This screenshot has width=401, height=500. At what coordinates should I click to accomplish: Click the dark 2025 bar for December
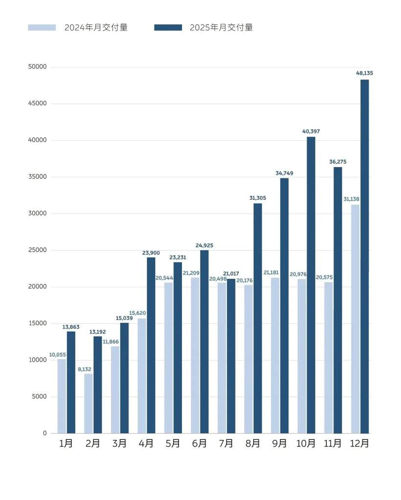[x=364, y=256]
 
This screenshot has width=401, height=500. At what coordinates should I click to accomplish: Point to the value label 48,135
[x=364, y=73]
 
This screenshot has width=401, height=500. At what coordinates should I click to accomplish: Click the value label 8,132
[x=84, y=369]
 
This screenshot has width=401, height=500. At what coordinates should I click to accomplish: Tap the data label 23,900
[x=151, y=253]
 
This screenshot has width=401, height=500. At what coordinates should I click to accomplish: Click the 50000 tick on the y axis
[x=38, y=67]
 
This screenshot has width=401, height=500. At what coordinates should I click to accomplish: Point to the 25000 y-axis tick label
[x=38, y=250]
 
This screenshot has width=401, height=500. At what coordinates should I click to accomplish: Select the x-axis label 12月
[x=359, y=444]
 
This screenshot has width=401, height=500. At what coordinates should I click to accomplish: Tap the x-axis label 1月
[x=66, y=444]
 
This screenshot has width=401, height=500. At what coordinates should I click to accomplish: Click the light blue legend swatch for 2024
[x=42, y=27]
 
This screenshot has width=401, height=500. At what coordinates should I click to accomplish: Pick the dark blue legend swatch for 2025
[x=168, y=27]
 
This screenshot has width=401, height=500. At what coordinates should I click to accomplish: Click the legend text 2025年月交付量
[x=222, y=27]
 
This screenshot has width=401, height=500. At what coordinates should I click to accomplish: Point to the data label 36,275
[x=338, y=161]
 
